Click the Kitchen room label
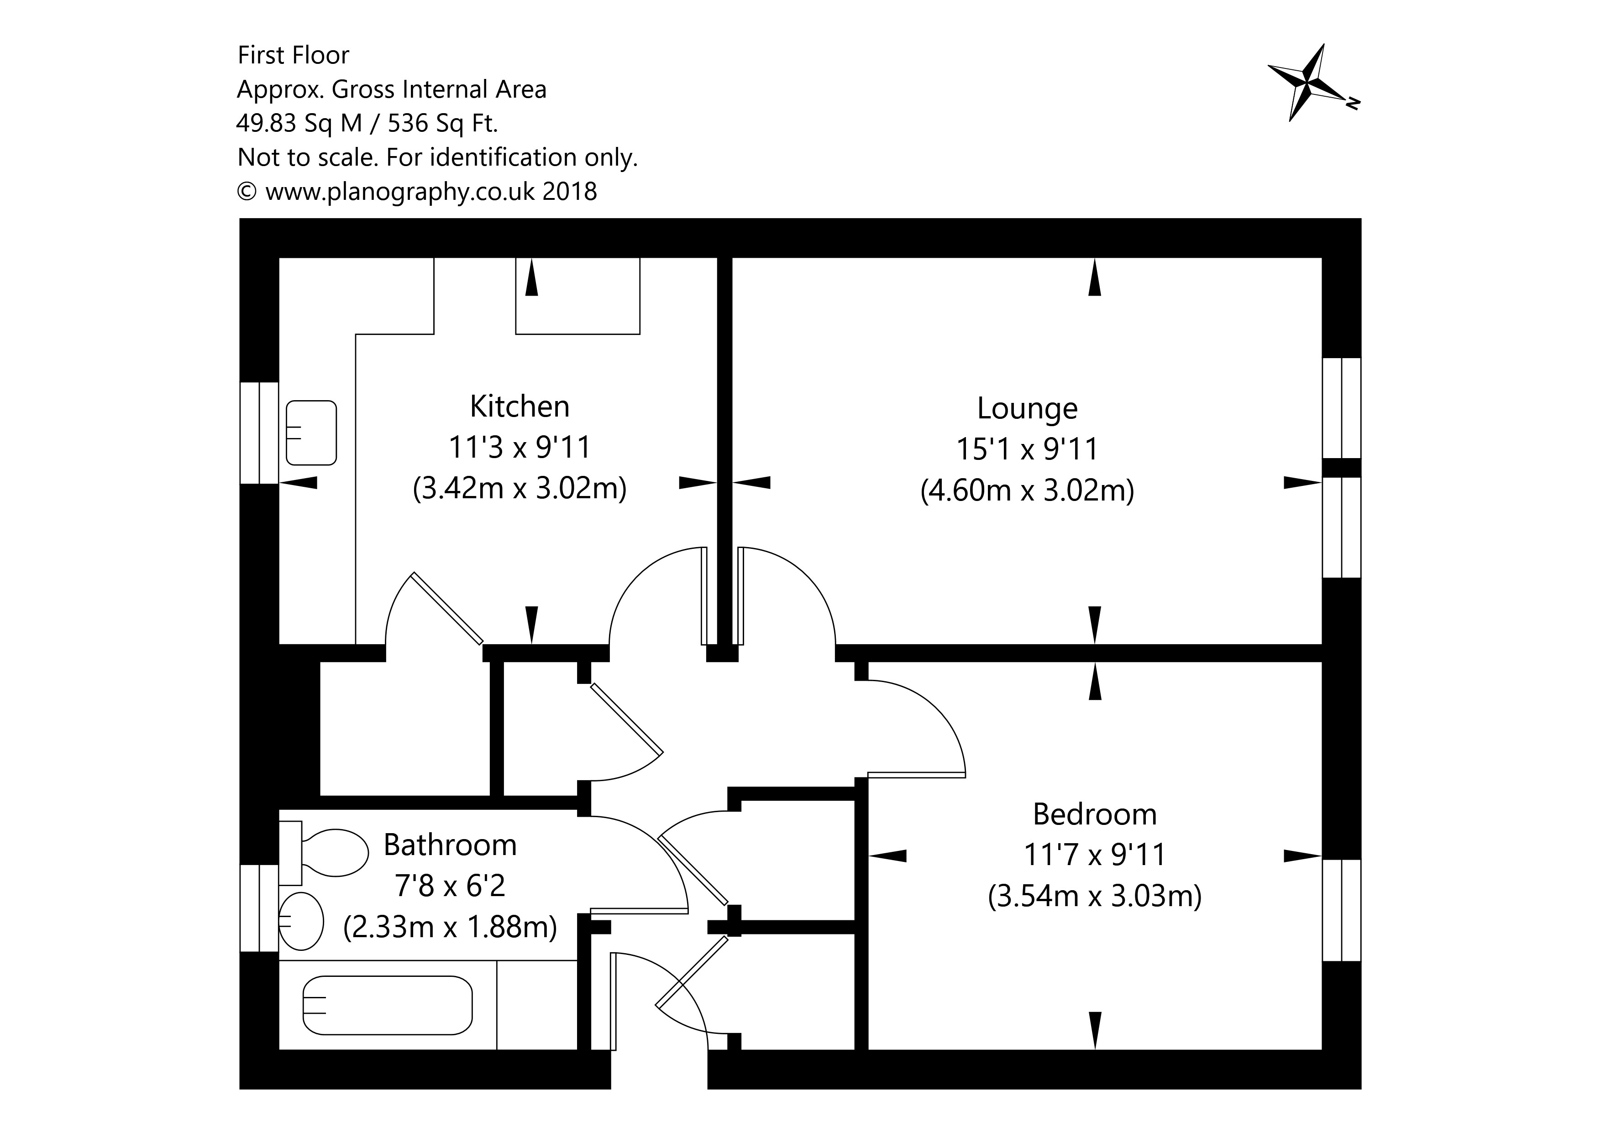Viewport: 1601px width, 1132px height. (x=520, y=407)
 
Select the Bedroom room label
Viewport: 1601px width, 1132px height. (x=1094, y=814)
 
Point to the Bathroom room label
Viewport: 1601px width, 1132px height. (x=450, y=845)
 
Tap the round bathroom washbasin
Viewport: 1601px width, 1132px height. (x=301, y=921)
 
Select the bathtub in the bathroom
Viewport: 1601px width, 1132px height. (x=388, y=1005)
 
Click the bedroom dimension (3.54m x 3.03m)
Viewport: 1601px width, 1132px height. (x=1094, y=896)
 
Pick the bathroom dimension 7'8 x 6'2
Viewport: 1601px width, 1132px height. (x=450, y=886)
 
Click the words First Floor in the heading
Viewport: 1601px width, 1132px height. (x=293, y=55)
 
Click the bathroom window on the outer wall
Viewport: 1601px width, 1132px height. (x=259, y=908)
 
